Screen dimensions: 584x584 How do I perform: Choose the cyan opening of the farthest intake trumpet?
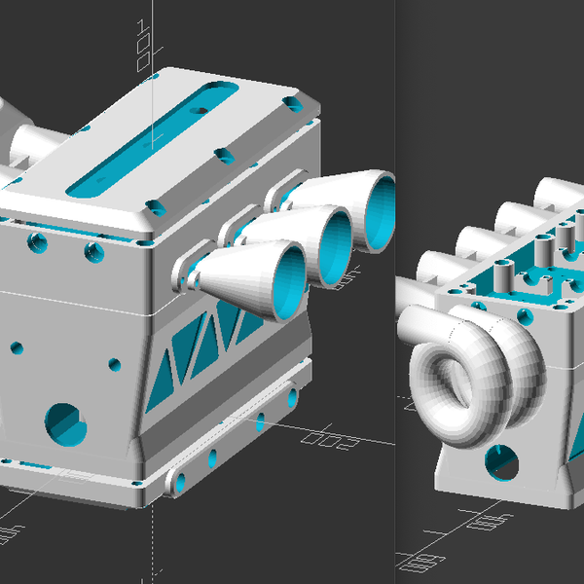[382, 209]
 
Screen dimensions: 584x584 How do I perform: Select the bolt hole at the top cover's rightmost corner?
[291, 101]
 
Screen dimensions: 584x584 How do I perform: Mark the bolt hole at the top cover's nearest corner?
[153, 205]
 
